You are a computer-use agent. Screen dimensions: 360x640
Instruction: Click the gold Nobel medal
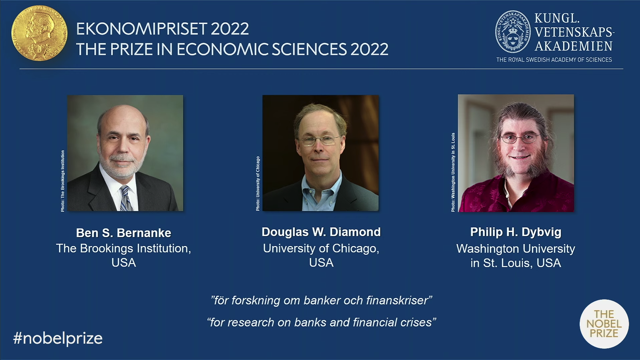pos(39,33)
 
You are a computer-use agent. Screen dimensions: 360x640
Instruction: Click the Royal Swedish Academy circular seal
pos(513,32)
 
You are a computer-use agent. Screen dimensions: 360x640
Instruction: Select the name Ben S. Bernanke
pos(124,233)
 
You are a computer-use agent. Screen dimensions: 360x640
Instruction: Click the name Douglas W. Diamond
pos(321,232)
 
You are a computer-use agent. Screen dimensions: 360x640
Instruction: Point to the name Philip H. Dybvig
pos(516,232)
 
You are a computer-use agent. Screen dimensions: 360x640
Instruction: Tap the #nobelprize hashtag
pos(58,338)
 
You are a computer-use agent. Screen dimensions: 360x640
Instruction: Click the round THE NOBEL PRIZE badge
pos(604,324)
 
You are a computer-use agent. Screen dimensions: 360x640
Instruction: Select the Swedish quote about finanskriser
pos(321,300)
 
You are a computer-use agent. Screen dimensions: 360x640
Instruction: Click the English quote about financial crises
pos(321,322)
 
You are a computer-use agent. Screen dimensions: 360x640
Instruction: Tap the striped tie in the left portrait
pos(126,199)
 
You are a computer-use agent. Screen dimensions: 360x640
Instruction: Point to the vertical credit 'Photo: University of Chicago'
pos(258,184)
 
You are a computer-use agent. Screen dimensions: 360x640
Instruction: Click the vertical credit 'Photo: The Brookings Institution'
pos(63,181)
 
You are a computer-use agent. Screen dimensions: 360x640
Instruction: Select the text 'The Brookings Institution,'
pos(124,248)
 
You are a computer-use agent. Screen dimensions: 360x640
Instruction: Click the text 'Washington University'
pos(516,249)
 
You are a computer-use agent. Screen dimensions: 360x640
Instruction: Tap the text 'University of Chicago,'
pos(321,248)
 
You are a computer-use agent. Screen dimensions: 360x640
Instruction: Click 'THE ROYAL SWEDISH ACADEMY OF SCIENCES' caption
pos(554,60)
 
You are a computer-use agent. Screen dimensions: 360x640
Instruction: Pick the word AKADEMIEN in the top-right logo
pos(574,46)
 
